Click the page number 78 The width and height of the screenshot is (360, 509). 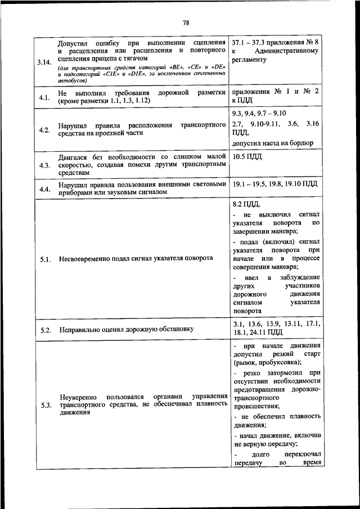pos(186,22)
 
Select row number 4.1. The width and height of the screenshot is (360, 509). pos(45,98)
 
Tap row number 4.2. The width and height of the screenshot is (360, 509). pos(45,130)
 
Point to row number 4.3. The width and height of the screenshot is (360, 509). pos(45,165)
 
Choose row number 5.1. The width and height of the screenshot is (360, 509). pos(45,259)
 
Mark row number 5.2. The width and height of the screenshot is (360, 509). pos(45,329)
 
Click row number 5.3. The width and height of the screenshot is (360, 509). pos(45,405)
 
